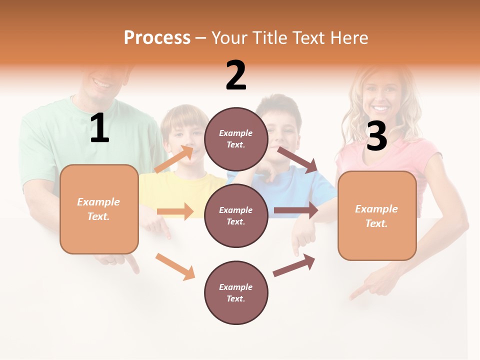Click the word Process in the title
click(157, 38)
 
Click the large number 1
click(99, 128)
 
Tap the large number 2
click(236, 75)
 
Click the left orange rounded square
click(99, 209)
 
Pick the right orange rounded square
click(377, 215)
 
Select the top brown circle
click(236, 139)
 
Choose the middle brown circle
click(236, 215)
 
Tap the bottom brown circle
click(236, 292)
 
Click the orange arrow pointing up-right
click(174, 158)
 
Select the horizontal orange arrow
click(175, 211)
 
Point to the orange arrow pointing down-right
click(175, 266)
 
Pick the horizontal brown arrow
click(296, 210)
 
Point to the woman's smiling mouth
click(381, 108)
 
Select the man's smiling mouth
click(102, 83)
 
